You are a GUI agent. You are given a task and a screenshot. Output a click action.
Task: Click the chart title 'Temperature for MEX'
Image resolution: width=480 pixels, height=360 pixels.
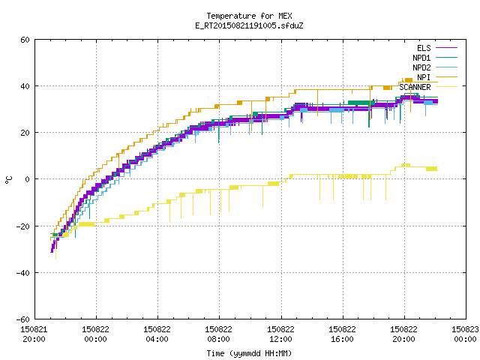coord(249,16)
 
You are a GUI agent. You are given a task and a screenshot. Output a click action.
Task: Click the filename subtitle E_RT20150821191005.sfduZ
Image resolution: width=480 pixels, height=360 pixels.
coord(249,25)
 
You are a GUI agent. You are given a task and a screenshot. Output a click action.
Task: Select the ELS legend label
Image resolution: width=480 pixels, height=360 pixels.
coord(424,48)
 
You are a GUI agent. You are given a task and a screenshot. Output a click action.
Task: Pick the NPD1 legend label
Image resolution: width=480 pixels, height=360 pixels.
coord(421,58)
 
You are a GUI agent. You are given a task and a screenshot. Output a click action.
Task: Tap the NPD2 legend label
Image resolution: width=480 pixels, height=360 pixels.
coord(421,67)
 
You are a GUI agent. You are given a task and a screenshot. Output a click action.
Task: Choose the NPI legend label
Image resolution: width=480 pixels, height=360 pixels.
coord(424,77)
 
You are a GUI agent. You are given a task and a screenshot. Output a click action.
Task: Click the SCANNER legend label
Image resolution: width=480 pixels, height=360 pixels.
coord(415,87)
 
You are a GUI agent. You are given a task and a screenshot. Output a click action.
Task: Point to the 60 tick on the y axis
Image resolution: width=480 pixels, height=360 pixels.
coord(25,40)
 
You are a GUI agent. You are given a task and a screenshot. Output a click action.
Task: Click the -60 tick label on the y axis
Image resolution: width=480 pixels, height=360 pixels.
coord(23,319)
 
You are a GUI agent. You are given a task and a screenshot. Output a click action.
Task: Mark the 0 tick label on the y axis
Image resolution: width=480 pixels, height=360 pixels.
coord(28,179)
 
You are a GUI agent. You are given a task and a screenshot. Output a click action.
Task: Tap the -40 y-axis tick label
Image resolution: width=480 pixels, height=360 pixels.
coord(23,273)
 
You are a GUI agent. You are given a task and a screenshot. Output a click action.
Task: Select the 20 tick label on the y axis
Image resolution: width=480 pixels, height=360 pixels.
coord(25,133)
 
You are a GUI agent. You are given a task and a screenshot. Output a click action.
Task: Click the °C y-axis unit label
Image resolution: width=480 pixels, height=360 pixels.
coord(8,180)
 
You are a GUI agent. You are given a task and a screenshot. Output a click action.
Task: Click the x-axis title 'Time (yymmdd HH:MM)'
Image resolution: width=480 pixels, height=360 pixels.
coord(249,353)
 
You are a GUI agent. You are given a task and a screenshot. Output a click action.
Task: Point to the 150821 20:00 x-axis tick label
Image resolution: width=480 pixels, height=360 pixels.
coord(34,334)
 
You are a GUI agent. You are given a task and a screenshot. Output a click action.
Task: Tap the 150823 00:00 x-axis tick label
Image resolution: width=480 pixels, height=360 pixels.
coord(465,334)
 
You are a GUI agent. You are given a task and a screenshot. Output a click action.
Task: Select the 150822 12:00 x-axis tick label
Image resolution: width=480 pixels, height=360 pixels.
coord(280,334)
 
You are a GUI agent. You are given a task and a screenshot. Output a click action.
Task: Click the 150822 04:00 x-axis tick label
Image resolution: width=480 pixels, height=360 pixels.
coord(157,334)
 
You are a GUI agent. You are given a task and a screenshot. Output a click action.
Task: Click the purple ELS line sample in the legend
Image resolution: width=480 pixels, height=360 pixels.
coord(446,48)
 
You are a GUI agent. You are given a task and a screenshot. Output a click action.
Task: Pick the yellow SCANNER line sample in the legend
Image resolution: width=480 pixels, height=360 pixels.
coord(446,87)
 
